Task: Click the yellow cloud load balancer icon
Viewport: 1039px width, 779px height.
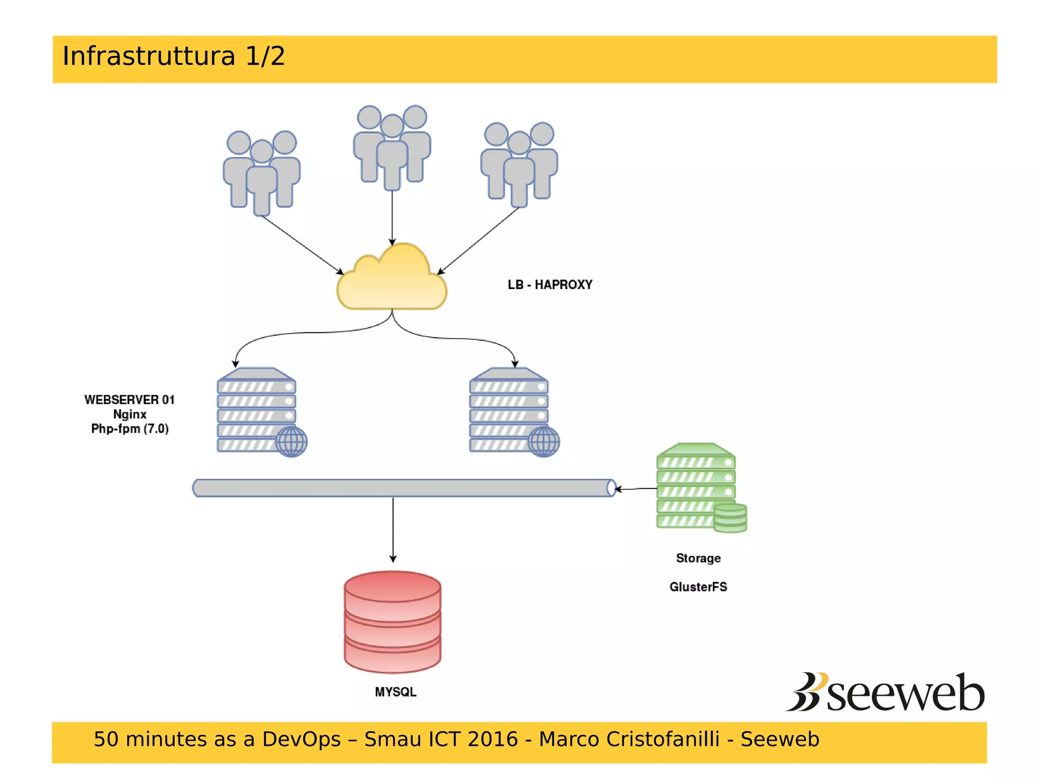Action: tap(392, 281)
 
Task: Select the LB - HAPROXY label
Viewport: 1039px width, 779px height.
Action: tap(550, 285)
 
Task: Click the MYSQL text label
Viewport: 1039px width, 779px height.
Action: tap(395, 692)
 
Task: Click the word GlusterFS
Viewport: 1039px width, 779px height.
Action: tap(698, 587)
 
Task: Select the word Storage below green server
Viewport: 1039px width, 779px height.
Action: tap(698, 558)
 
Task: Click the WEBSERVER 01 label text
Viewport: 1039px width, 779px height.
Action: tap(129, 400)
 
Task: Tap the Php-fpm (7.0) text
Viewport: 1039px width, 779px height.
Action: tap(129, 429)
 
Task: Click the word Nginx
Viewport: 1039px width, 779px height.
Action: tap(129, 414)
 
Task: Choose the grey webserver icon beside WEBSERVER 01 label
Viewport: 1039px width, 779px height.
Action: tap(259, 412)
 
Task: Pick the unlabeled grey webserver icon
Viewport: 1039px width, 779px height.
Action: tap(511, 412)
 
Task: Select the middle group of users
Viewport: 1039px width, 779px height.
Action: tap(392, 147)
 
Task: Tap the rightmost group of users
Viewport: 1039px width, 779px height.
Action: tap(518, 163)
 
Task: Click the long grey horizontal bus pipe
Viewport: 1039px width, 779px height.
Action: tap(403, 488)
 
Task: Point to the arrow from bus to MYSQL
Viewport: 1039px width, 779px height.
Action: tap(393, 530)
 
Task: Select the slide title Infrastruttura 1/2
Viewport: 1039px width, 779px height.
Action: tap(174, 56)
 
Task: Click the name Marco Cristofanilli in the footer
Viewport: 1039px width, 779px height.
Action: tap(629, 739)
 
